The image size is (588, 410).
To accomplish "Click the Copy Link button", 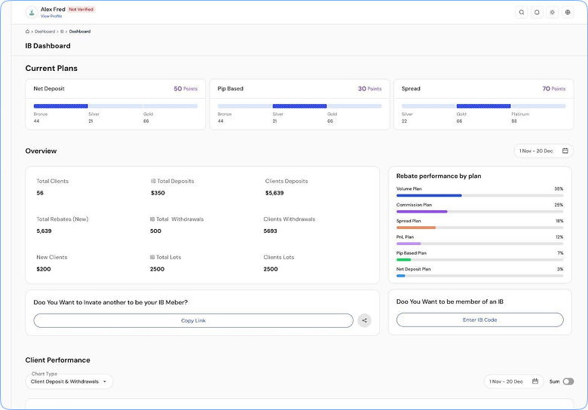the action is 193,320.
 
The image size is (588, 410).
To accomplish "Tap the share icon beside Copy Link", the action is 364,320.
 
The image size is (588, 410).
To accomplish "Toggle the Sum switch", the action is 568,381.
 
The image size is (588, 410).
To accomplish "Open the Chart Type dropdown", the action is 69,381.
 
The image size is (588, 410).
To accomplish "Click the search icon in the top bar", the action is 522,12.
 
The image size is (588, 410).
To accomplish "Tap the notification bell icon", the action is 537,12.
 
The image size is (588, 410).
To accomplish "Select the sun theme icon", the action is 553,12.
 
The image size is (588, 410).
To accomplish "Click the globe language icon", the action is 568,12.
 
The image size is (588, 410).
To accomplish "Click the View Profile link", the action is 51,16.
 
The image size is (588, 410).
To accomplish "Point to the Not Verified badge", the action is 81,9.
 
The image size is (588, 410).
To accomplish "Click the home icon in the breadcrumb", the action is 27,32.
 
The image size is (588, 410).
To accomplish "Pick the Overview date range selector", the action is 544,151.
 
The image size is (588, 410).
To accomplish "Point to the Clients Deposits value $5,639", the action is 274,193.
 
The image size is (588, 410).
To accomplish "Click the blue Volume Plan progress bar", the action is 429,196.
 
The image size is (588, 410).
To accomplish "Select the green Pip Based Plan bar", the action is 403,260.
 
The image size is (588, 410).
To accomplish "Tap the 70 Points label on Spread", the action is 554,89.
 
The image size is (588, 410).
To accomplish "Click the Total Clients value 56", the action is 40,193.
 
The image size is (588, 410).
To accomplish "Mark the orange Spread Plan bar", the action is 416,228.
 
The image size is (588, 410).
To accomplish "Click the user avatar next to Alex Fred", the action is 32,12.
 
